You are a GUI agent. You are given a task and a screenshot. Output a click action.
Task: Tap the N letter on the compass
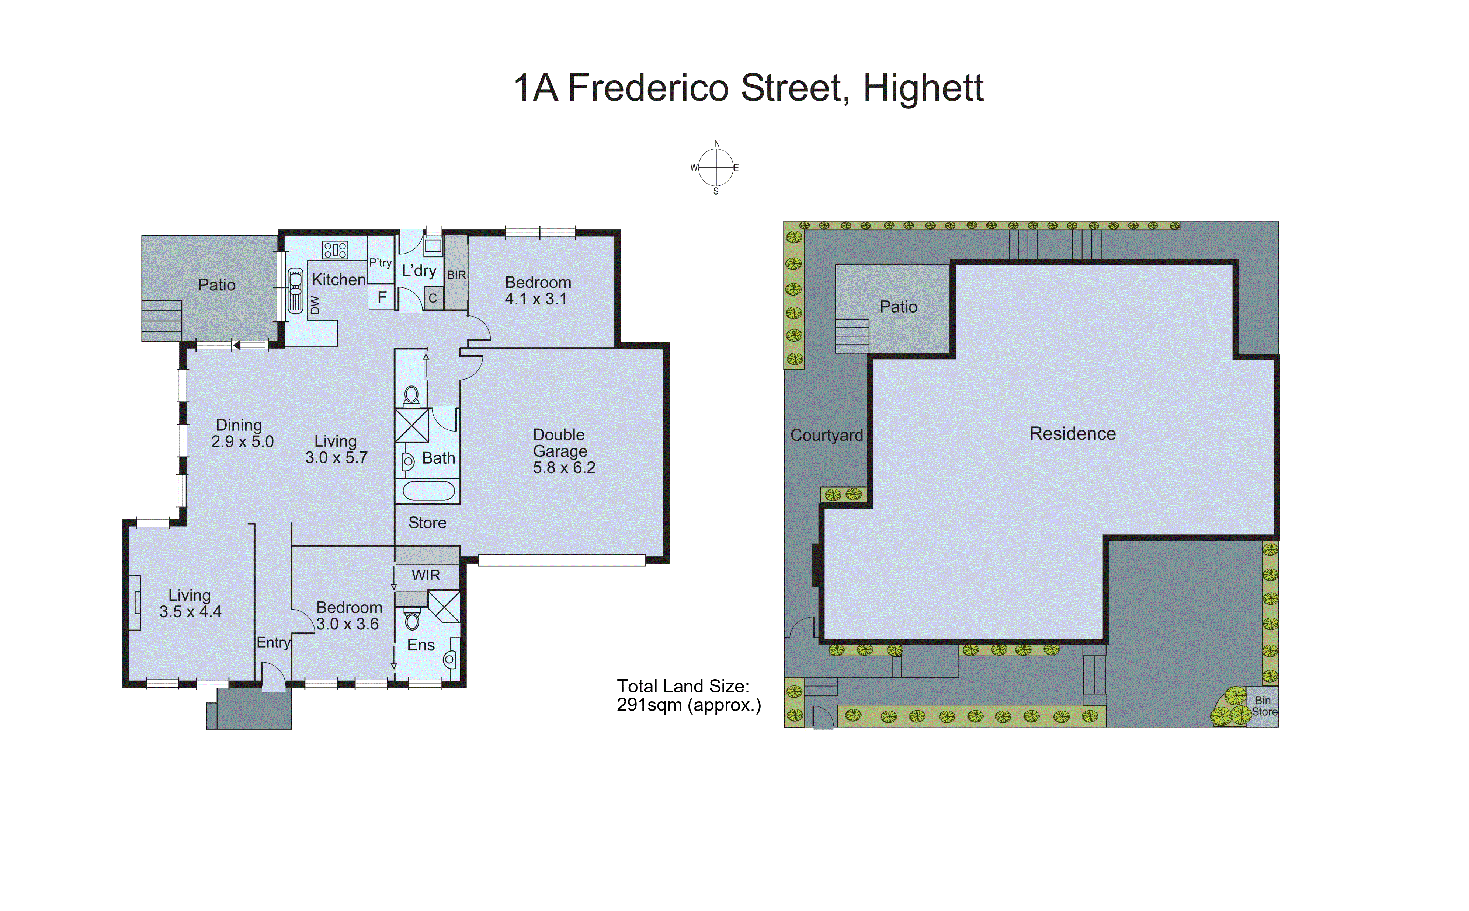717,143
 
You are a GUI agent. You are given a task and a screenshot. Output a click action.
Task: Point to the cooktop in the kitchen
335,250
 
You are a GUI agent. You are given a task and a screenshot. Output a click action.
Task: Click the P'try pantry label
381,263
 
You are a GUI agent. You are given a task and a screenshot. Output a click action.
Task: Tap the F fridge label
382,297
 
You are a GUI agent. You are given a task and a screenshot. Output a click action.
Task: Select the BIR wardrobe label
456,275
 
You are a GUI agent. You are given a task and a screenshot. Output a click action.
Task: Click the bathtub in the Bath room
428,491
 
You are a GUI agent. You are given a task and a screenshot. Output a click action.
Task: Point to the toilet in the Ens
412,619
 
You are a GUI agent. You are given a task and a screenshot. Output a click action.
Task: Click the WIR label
426,575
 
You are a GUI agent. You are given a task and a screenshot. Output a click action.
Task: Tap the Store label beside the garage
427,523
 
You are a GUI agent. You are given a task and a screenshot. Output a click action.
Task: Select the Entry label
274,642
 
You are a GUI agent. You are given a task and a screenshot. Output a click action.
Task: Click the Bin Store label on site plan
1264,706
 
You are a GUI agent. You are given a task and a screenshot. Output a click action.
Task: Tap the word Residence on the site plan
1072,434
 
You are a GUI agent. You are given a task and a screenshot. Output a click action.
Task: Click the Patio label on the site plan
898,307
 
